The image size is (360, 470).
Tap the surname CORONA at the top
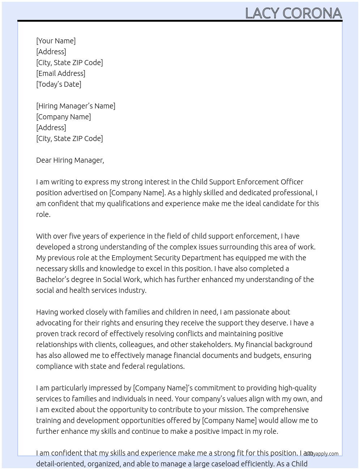312,13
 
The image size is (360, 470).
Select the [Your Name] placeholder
56,41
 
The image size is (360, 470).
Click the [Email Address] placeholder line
61,73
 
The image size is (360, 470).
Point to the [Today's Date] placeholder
59,84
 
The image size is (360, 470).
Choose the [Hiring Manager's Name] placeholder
76,106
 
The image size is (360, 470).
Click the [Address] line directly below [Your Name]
51,52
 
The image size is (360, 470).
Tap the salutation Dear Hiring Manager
70,160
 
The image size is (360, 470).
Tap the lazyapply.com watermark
322,454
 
